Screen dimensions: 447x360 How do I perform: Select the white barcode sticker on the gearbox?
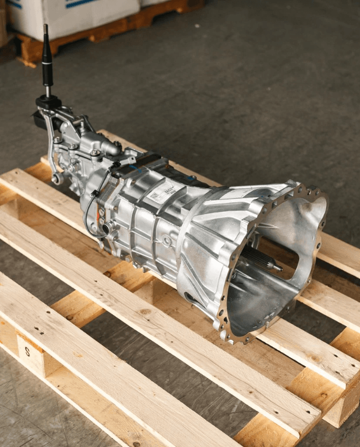162,193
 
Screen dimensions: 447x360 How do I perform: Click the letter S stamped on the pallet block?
27,353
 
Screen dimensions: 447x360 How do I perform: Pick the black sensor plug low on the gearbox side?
106,229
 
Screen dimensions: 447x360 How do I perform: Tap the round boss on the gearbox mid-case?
167,242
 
